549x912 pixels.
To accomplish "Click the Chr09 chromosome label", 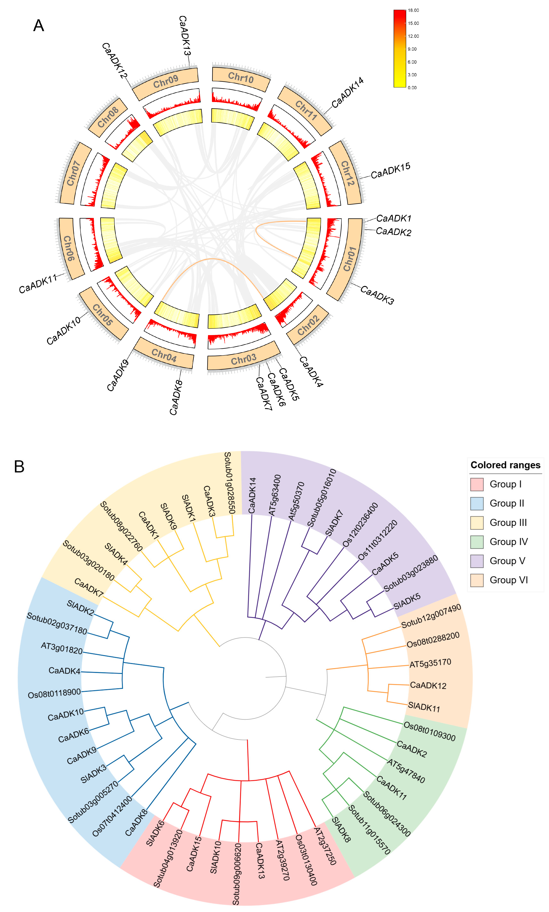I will (x=166, y=81).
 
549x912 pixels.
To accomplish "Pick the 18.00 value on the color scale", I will (x=413, y=10).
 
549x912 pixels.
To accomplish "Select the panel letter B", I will (x=19, y=467).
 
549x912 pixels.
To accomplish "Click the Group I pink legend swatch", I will (x=477, y=484).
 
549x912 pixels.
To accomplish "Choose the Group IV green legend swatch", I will (x=477, y=542).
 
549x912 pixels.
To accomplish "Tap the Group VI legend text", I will (x=509, y=580).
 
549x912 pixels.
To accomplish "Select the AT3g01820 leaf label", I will (x=62, y=648).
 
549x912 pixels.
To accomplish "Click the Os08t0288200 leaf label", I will (x=433, y=640).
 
